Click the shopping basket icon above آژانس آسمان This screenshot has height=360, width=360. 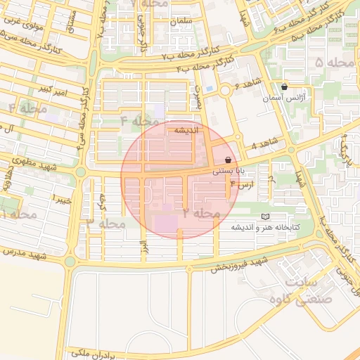[284, 87]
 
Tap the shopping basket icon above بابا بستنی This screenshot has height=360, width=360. [229, 160]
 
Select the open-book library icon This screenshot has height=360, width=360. [264, 217]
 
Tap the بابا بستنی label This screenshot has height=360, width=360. [229, 170]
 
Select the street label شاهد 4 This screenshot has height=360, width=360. [264, 146]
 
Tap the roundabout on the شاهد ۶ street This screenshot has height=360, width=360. [225, 91]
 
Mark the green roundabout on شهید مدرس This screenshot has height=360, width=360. [70, 262]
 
